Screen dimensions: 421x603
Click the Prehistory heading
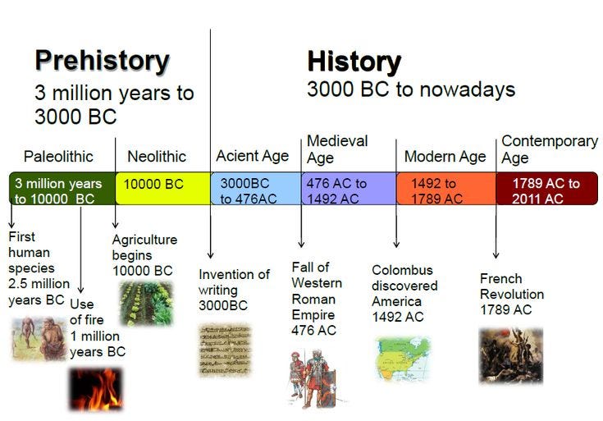pos(102,62)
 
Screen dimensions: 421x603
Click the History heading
pos(354,62)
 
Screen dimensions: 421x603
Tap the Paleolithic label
pos(58,156)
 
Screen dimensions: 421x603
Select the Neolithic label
pos(157,156)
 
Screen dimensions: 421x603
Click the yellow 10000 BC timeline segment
pos(162,189)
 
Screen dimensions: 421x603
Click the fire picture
pos(95,388)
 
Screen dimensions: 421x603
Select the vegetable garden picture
pos(146,304)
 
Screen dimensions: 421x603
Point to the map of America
pos(402,359)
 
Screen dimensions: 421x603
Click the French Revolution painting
pos(511,355)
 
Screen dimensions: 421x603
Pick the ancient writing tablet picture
pos(225,350)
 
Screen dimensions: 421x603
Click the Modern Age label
pos(445,156)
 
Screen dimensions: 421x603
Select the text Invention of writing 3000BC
pos(234,289)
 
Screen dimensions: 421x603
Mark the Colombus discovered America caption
pos(404,293)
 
